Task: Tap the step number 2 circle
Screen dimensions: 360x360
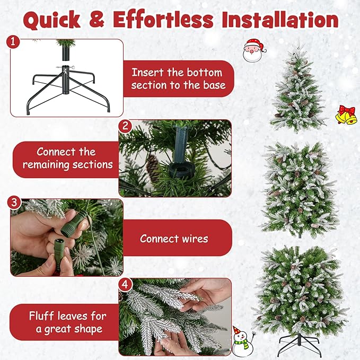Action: (x=125, y=126)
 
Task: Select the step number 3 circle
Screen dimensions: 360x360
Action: (x=15, y=202)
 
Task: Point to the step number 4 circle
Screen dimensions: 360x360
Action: (x=125, y=284)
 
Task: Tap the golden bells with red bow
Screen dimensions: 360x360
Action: (x=346, y=115)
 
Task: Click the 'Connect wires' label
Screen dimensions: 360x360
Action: (x=174, y=239)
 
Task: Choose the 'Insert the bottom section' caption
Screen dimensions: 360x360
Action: (x=178, y=78)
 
